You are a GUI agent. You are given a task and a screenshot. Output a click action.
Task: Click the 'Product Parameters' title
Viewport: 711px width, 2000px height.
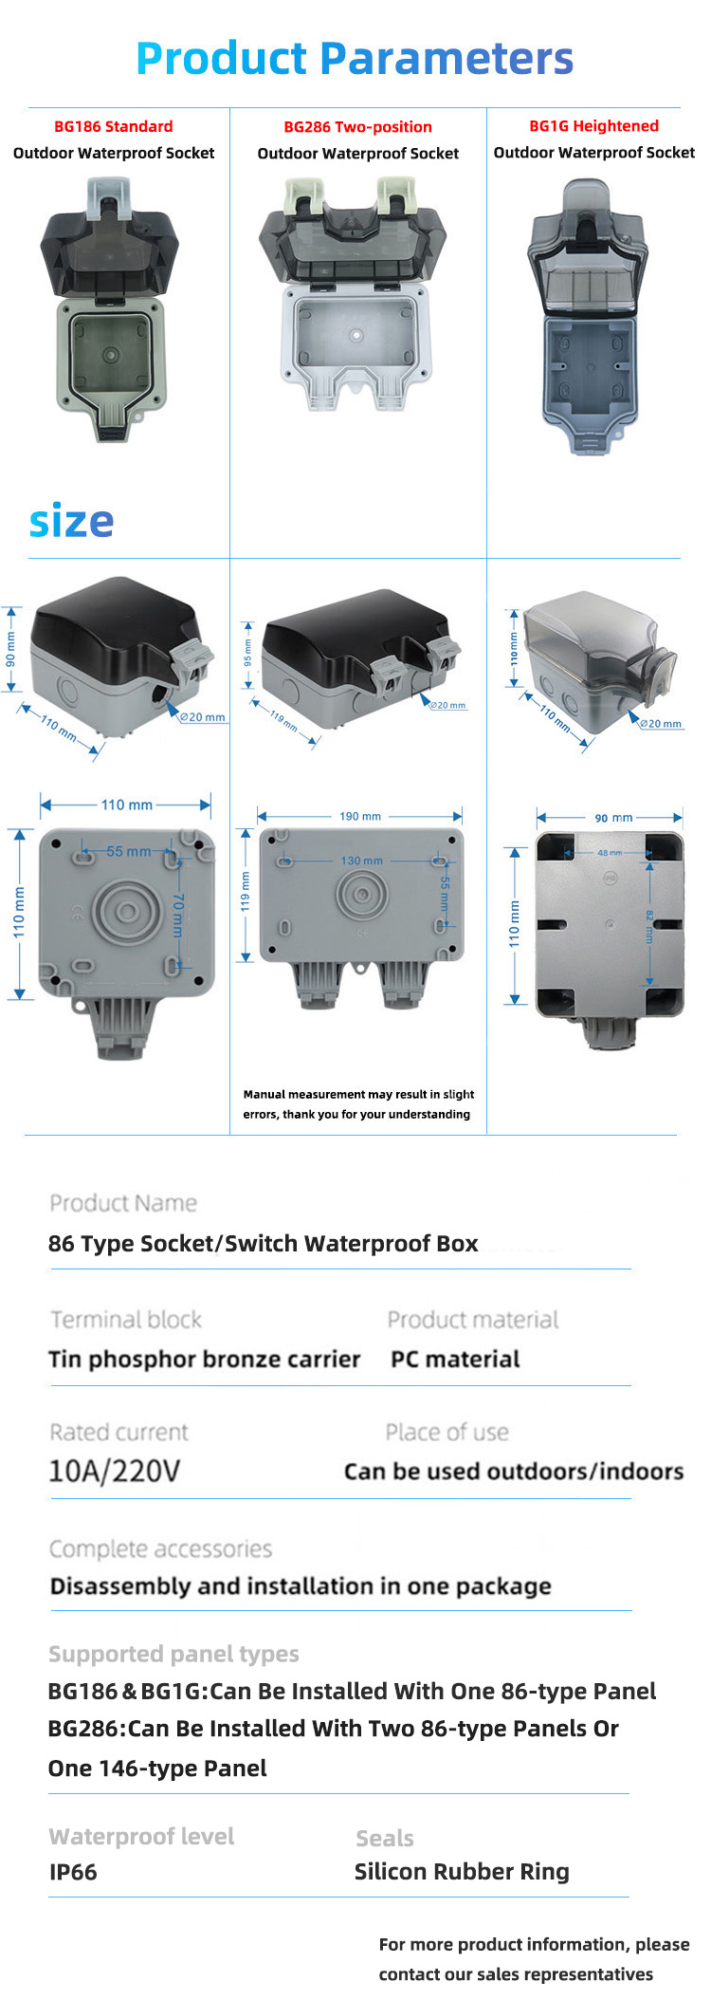(x=355, y=58)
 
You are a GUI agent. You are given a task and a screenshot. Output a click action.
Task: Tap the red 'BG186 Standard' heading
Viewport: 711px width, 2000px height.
(x=114, y=126)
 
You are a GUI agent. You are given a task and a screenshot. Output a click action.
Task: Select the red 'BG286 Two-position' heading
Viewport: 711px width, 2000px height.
(x=357, y=127)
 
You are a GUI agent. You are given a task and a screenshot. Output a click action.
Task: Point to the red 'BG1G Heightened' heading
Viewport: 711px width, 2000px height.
(x=593, y=126)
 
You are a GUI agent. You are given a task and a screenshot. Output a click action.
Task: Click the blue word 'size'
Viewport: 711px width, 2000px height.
(x=71, y=521)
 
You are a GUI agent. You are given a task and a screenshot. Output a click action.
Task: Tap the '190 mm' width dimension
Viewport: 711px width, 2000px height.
(x=360, y=816)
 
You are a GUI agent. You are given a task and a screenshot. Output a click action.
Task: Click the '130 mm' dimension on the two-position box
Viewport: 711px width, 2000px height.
(x=361, y=861)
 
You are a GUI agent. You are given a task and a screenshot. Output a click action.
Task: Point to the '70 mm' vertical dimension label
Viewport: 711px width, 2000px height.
(x=177, y=915)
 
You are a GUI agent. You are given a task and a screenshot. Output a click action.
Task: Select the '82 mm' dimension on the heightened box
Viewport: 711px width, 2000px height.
(x=649, y=926)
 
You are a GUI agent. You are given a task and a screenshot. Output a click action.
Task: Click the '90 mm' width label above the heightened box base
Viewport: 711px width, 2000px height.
(x=613, y=818)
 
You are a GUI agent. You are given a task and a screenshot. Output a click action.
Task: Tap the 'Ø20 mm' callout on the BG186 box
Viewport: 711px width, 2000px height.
(x=203, y=717)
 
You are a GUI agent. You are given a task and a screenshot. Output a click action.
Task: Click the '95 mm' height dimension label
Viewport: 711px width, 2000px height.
(x=248, y=654)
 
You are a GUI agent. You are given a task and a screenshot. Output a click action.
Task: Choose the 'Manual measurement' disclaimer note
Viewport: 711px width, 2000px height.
(x=357, y=1104)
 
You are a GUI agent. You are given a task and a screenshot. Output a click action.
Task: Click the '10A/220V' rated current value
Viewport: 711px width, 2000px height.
(x=114, y=1472)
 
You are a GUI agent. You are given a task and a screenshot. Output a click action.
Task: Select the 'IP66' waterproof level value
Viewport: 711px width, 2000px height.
(x=73, y=1872)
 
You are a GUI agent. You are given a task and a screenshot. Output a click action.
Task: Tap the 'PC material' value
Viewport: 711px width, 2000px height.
(x=455, y=1360)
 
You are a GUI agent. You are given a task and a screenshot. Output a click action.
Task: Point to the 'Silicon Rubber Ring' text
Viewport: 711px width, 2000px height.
(x=462, y=1871)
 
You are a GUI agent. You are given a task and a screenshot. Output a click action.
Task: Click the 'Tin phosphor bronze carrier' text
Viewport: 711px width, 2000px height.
(x=205, y=1360)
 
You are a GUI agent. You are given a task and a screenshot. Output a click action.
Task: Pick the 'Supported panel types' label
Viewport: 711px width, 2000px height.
(x=173, y=1654)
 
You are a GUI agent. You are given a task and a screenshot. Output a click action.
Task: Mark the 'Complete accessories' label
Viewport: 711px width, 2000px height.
(x=160, y=1548)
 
